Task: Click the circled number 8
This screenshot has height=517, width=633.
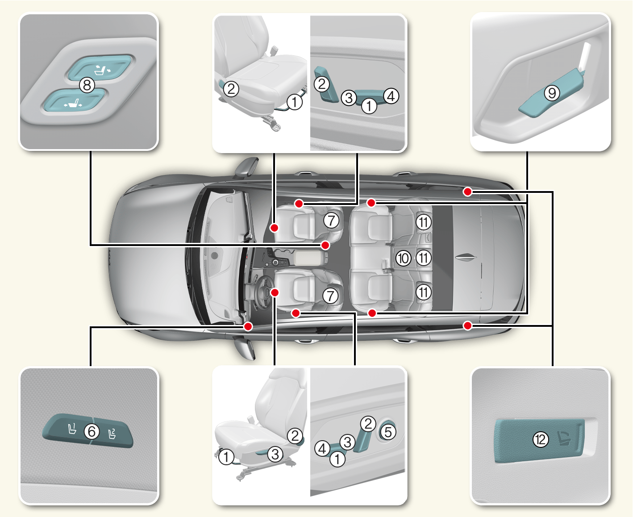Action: (x=87, y=84)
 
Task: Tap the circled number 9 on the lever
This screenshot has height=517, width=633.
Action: (x=552, y=93)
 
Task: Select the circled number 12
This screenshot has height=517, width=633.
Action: (x=541, y=439)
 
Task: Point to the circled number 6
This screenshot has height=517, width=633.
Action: (x=92, y=431)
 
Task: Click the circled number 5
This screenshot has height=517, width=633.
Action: (x=388, y=432)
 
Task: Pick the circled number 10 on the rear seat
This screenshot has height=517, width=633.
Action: (x=403, y=258)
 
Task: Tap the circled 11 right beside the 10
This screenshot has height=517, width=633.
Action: (x=424, y=258)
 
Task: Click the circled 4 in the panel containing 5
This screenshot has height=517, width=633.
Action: (x=322, y=448)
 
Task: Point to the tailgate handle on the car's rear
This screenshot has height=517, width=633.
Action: (x=466, y=257)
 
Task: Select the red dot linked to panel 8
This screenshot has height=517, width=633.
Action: (x=325, y=245)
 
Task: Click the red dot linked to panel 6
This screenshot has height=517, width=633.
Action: (x=248, y=326)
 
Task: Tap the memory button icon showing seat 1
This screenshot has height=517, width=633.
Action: (x=71, y=429)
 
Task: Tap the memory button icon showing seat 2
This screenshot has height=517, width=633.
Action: (x=112, y=433)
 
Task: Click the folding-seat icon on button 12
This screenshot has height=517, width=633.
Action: (x=566, y=438)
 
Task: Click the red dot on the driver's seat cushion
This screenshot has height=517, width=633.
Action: (x=275, y=292)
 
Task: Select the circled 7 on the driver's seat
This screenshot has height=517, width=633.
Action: (x=330, y=296)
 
